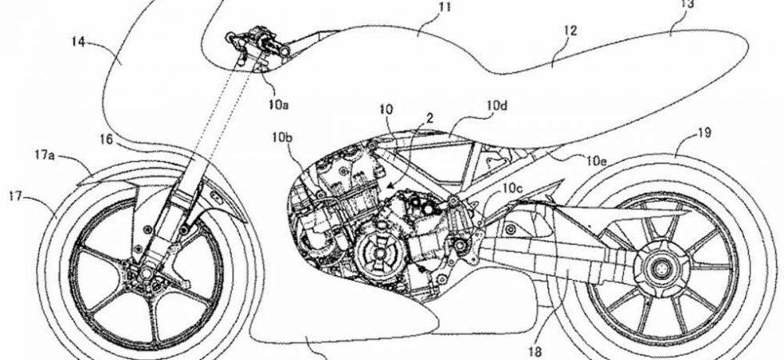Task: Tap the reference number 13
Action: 686,3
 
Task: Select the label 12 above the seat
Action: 570,32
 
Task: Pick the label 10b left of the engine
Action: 281,139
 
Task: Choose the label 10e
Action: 595,160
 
